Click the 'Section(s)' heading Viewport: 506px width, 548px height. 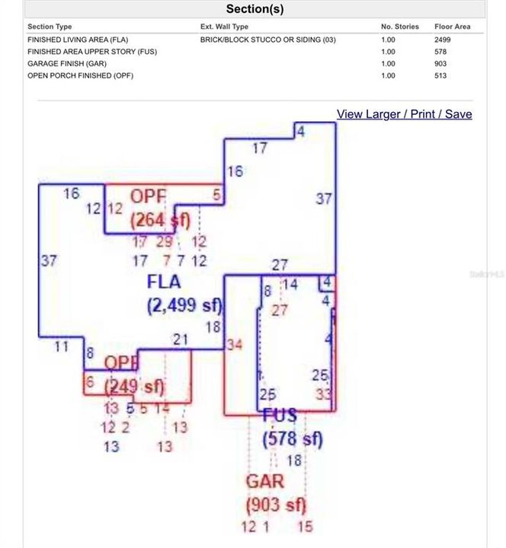pos(255,9)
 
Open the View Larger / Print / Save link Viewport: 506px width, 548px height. pos(404,114)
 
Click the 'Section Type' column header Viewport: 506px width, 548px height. pos(50,27)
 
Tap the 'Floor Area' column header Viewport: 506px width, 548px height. pos(452,27)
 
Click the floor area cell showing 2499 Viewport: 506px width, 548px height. pos(442,40)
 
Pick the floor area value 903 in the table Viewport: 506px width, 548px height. pos(440,64)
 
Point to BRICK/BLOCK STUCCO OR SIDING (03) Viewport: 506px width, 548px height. pos(267,40)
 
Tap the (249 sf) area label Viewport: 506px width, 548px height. pos(134,387)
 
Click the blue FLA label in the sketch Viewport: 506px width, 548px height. pos(164,282)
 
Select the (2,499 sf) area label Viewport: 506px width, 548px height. pos(184,306)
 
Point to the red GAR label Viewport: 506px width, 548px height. pos(264,481)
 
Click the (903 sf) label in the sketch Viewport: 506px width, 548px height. pos(275,505)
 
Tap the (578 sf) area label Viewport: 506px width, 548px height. pos(293,439)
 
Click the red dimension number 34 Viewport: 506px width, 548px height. pos(234,346)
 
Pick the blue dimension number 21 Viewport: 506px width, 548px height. pos(180,339)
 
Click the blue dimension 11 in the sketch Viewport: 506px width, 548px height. pos(62,347)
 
